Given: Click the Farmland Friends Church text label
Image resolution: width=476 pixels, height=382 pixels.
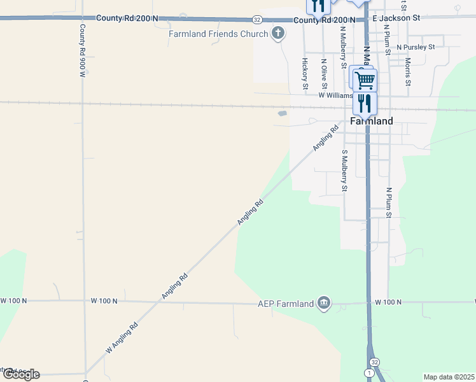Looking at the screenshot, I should (218, 34).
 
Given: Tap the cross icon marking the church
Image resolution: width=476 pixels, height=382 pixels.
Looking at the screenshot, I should (277, 33).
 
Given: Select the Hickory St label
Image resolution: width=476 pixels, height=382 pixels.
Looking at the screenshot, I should (305, 73).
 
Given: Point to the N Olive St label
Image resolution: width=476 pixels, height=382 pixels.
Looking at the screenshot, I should (324, 74).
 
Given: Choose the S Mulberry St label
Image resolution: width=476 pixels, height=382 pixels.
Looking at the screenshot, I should (344, 170).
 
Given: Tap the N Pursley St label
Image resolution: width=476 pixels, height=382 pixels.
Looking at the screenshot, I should (416, 47).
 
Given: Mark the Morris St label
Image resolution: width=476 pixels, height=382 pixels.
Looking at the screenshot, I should (408, 72).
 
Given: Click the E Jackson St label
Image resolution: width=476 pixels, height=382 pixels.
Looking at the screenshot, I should (396, 19).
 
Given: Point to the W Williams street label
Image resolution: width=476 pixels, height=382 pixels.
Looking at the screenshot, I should (335, 95).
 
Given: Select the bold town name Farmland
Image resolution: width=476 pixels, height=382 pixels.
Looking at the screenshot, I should (372, 121).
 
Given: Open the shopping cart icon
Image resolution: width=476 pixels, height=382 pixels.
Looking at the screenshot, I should (365, 80).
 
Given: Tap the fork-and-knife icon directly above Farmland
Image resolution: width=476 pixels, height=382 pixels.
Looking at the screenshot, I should (365, 103).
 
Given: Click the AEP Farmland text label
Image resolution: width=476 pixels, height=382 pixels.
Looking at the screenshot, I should (286, 304).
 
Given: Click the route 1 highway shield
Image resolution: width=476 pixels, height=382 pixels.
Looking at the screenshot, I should (368, 371).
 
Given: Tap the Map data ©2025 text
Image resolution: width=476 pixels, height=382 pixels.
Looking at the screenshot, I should (449, 377).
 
